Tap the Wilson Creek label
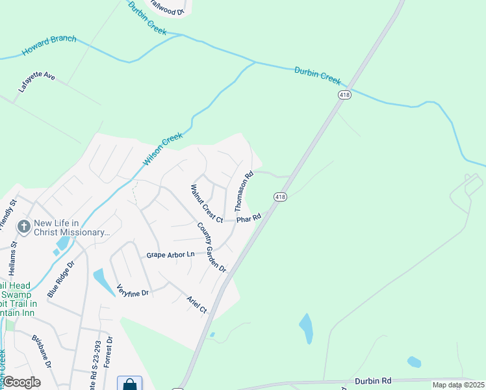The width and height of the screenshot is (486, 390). pos(163,149)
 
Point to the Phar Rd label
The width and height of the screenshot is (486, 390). pos(248,219)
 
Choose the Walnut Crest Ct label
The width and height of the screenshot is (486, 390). pos(207,204)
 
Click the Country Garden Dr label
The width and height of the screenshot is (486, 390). pos(211,248)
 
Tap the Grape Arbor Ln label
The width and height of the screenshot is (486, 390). pos(170,255)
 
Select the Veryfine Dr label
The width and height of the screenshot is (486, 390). pos(133,291)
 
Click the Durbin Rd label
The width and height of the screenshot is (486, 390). pos(373,381)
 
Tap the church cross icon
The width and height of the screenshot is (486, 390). pos(24,227)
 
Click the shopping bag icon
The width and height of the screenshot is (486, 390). pos(130,383)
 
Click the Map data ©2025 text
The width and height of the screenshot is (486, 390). pos(458,385)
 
